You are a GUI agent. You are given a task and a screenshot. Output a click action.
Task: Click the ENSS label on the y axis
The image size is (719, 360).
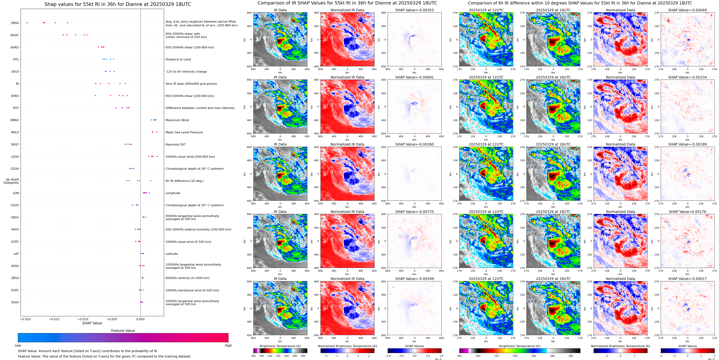(x=15, y=23)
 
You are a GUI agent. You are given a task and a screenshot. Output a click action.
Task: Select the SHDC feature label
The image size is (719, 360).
(x=15, y=35)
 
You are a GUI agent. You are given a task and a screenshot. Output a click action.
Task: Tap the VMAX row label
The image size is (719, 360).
(x=15, y=120)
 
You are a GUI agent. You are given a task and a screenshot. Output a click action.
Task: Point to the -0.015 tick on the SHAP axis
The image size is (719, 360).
(x=54, y=319)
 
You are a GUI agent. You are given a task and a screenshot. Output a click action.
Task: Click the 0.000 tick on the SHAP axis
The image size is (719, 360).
(x=140, y=319)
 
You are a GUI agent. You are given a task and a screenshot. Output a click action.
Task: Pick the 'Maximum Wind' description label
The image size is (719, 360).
(x=177, y=120)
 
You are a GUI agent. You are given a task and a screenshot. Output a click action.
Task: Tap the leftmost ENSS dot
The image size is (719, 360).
(x=27, y=23)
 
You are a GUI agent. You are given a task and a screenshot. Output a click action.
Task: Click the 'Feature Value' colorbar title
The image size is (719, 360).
(x=123, y=331)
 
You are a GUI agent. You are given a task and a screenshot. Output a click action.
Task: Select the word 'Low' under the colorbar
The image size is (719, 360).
(x=18, y=345)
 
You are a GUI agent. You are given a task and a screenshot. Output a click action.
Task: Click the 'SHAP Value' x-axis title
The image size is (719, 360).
(x=92, y=323)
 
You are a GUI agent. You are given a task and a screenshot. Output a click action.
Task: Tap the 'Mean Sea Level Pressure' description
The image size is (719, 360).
(x=184, y=132)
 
